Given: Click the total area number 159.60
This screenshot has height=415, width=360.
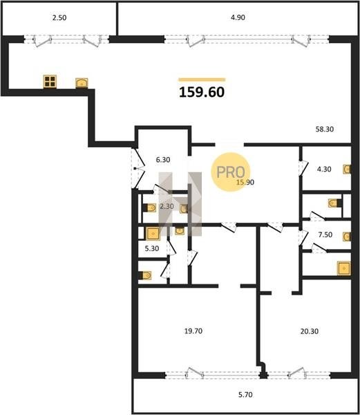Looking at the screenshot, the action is pyautogui.click(x=202, y=92).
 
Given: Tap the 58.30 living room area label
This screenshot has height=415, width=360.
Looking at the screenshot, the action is pyautogui.click(x=325, y=129).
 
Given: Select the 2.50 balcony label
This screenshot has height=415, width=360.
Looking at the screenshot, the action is pyautogui.click(x=59, y=18).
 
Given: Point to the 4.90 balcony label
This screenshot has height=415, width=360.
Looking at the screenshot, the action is pyautogui.click(x=238, y=17).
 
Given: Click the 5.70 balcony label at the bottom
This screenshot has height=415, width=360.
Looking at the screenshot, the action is pyautogui.click(x=245, y=395).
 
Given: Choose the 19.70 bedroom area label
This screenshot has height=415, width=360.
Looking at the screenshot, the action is pyautogui.click(x=193, y=331).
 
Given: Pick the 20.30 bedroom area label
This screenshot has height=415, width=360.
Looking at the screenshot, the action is pyautogui.click(x=310, y=331).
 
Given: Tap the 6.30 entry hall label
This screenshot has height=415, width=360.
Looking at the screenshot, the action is pyautogui.click(x=163, y=160).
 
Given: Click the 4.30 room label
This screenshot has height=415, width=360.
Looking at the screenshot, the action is pyautogui.click(x=324, y=169).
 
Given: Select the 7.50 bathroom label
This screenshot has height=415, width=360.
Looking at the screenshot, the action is pyautogui.click(x=325, y=234).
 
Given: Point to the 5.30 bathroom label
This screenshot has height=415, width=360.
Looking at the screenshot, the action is pyautogui.click(x=152, y=248).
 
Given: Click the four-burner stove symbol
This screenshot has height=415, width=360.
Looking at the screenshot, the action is pyautogui.click(x=50, y=82).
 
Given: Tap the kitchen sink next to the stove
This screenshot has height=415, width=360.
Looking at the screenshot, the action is pyautogui.click(x=82, y=83).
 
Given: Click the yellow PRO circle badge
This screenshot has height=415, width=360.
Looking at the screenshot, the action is pyautogui.click(x=231, y=172).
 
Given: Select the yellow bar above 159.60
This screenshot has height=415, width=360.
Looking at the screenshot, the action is pyautogui.click(x=202, y=80).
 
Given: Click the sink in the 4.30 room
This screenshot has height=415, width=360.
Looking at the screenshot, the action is pyautogui.click(x=347, y=169).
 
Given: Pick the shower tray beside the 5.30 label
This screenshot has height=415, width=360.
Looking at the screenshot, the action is pyautogui.click(x=153, y=234).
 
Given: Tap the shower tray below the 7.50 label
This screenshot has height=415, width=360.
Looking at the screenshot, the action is pyautogui.click(x=344, y=268).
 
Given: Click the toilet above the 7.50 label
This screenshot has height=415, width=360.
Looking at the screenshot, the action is pyautogui.click(x=334, y=203).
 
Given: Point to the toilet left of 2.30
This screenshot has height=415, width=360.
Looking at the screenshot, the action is pyautogui.click(x=150, y=207).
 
